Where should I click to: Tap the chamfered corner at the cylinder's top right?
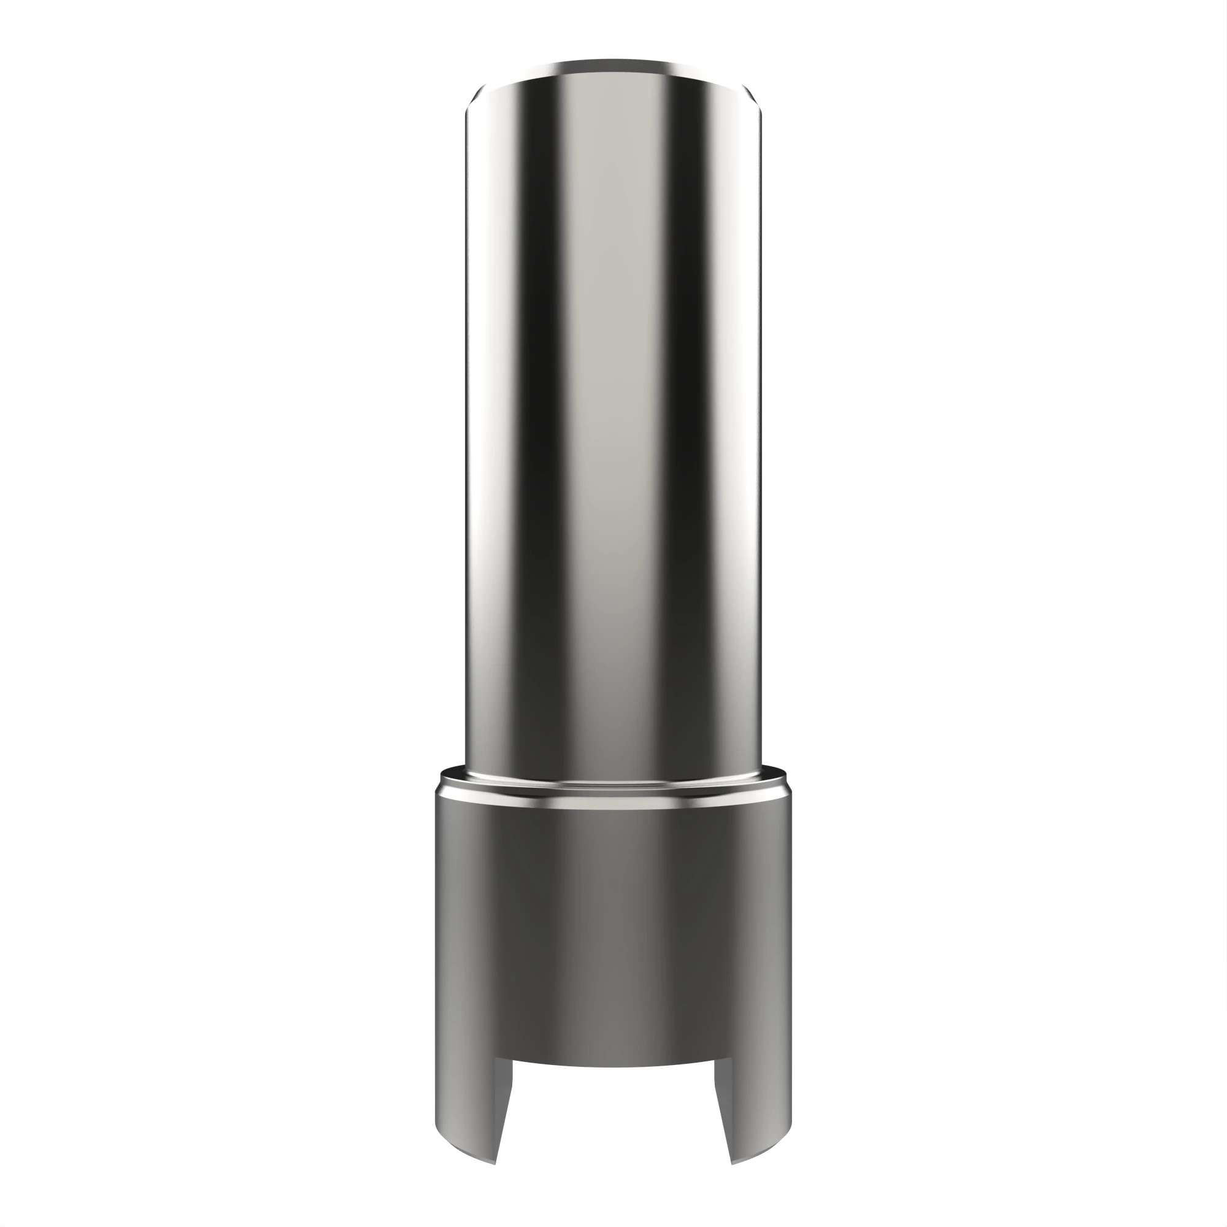tap(754, 98)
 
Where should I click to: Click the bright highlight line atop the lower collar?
tap(613, 804)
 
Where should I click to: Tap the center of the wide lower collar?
tap(613, 921)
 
